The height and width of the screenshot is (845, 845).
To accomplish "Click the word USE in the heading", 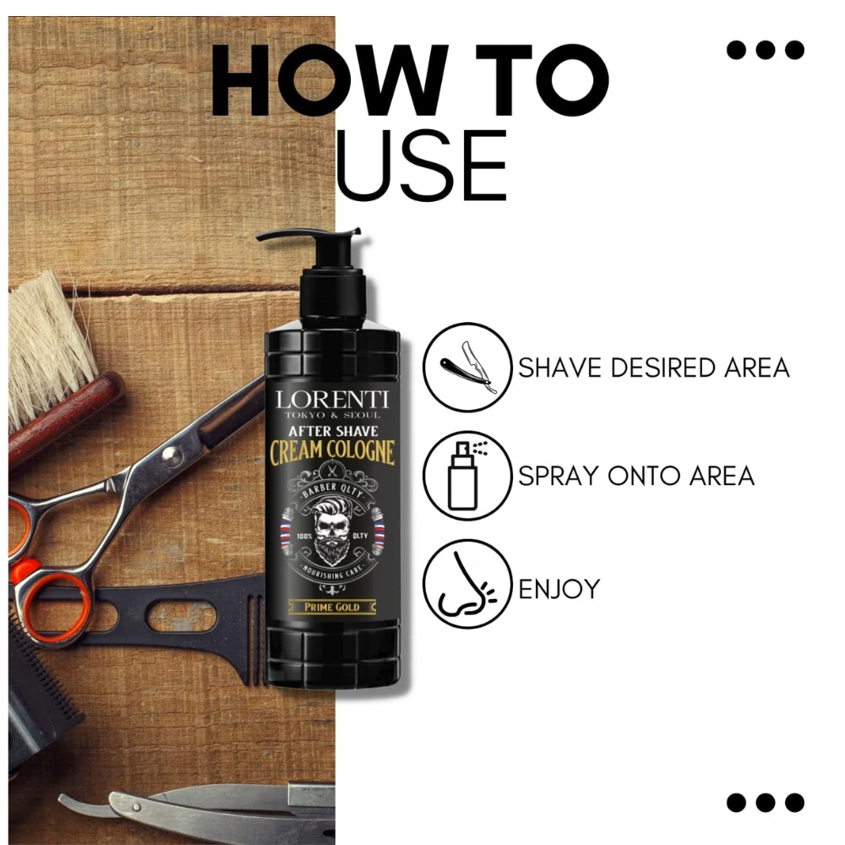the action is [x=422, y=165].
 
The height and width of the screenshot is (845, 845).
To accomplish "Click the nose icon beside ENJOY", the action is [x=466, y=585].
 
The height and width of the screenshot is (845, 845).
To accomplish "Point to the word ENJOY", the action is [x=559, y=588].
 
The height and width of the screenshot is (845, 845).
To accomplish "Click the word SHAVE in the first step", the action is [x=559, y=368].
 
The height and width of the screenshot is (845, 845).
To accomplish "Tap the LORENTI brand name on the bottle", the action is [x=332, y=400].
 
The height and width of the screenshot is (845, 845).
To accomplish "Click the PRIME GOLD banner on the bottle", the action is [x=332, y=607].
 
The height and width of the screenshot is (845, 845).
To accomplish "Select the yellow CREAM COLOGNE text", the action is [x=332, y=451].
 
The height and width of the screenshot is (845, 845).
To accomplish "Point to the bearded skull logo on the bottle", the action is [x=332, y=531].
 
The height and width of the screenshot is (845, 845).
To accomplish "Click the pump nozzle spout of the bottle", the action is [x=281, y=236].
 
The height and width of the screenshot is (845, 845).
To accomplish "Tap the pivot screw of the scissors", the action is [x=172, y=456].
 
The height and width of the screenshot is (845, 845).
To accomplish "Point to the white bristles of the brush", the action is [x=47, y=345].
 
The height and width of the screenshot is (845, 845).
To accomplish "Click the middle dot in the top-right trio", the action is [x=766, y=50].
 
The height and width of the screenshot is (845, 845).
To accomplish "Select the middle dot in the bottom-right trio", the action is [x=766, y=802].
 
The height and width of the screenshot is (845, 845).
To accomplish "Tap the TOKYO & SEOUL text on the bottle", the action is [x=332, y=415].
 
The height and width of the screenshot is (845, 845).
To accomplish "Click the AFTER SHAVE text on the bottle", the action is [x=333, y=431].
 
